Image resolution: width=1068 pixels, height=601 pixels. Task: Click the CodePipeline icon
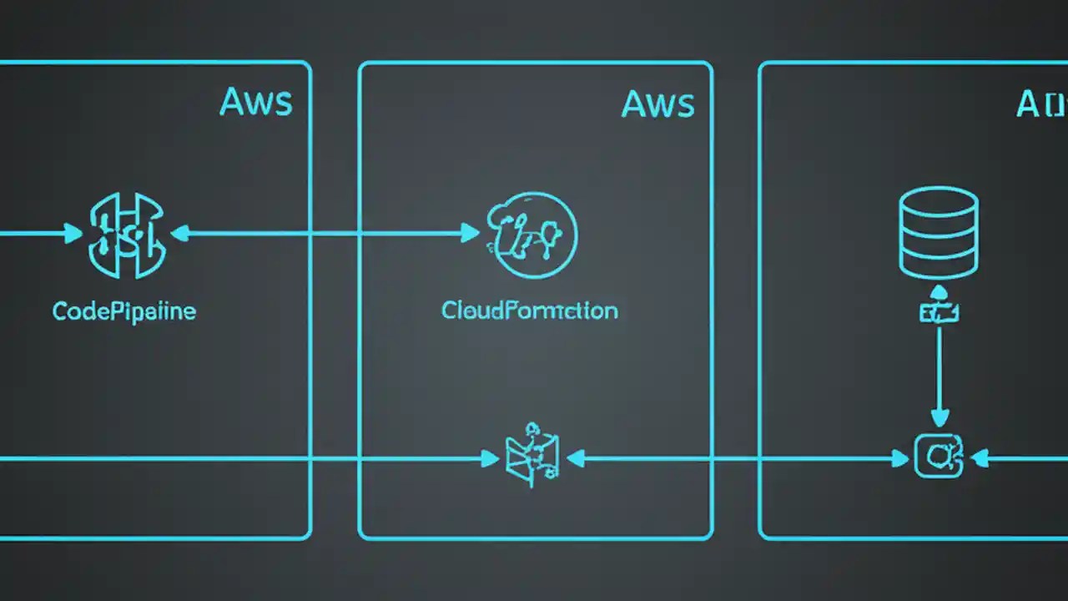128,235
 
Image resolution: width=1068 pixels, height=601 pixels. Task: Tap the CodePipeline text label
124,311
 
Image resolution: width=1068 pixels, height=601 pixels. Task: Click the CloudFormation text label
530,311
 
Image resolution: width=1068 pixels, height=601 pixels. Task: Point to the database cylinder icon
939,233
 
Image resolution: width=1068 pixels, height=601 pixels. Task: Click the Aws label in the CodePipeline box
256,102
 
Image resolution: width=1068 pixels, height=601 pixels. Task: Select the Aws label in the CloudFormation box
658,104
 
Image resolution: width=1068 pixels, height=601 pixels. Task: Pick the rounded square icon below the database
940,457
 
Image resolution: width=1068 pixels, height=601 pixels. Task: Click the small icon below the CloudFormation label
531,456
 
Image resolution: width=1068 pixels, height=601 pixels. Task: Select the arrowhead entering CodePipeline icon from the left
74,234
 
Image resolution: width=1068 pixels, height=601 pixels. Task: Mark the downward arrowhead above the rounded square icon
940,418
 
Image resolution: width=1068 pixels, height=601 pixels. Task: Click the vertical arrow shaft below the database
940,367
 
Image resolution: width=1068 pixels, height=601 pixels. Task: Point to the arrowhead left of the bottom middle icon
490,457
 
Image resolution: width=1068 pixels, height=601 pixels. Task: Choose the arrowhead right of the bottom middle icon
576,457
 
